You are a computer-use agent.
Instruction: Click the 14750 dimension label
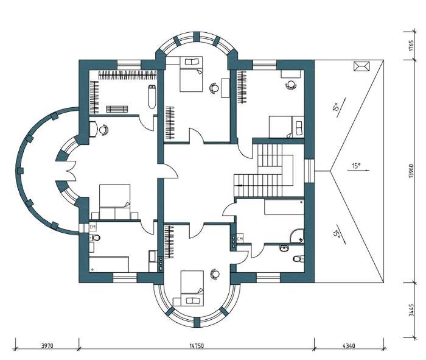click(x=197, y=346)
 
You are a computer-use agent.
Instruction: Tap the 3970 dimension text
click(x=47, y=346)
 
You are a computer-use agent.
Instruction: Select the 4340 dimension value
click(x=349, y=346)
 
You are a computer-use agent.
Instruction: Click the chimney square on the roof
click(x=361, y=66)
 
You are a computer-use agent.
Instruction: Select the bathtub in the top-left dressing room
click(x=152, y=97)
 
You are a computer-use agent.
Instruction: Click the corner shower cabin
click(x=297, y=236)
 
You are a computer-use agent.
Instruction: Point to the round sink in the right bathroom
click(x=284, y=249)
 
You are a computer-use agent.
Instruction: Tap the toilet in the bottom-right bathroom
click(x=299, y=258)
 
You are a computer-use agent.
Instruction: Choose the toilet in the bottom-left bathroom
click(x=94, y=238)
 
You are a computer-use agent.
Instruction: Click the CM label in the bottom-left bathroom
click(x=93, y=226)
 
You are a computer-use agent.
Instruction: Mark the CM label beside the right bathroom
click(x=240, y=239)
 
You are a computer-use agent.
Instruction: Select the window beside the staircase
click(x=309, y=171)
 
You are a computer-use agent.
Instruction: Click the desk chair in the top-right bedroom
click(x=291, y=85)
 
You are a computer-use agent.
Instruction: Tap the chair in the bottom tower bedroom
click(x=215, y=274)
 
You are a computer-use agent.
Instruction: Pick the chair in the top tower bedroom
click(x=214, y=88)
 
